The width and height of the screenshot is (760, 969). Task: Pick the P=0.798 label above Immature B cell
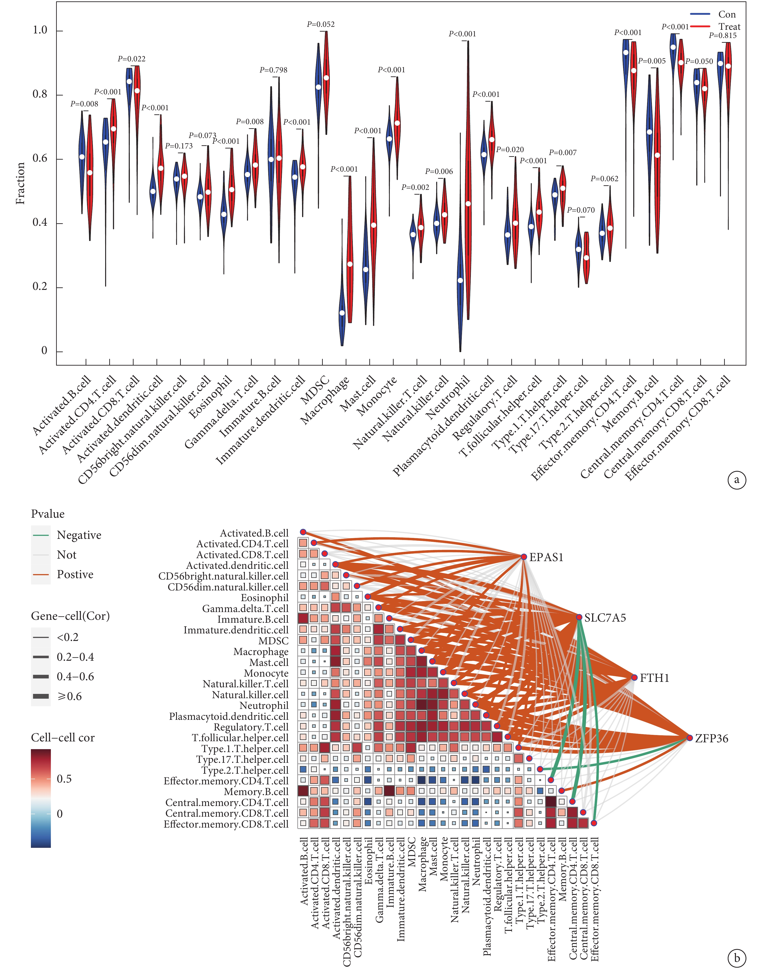274,70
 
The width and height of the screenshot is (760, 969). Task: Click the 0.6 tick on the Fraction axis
40,159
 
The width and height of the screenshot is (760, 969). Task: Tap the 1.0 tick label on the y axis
40,30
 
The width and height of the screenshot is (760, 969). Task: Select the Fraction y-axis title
20,183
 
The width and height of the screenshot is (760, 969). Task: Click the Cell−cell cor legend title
63,738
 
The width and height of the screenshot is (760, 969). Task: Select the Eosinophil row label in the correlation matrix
265,598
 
